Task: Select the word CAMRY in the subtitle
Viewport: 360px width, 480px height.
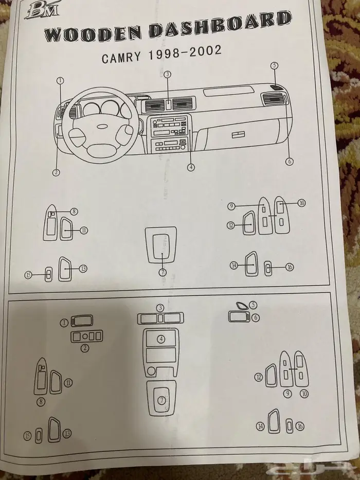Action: pyautogui.click(x=121, y=57)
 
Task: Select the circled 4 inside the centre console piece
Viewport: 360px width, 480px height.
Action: pyautogui.click(x=161, y=339)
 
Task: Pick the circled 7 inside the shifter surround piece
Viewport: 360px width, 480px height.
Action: pyautogui.click(x=161, y=399)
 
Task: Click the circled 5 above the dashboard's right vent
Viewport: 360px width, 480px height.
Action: pyautogui.click(x=275, y=65)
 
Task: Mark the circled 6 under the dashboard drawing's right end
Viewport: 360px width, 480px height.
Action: pyautogui.click(x=290, y=162)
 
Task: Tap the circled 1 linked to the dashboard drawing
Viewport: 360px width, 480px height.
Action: pyautogui.click(x=60, y=80)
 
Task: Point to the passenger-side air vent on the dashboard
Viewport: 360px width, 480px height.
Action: pyautogui.click(x=274, y=98)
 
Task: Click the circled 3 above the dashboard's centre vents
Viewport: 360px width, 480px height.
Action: pyautogui.click(x=167, y=75)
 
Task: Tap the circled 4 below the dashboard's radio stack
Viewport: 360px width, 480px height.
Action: pyautogui.click(x=191, y=167)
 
